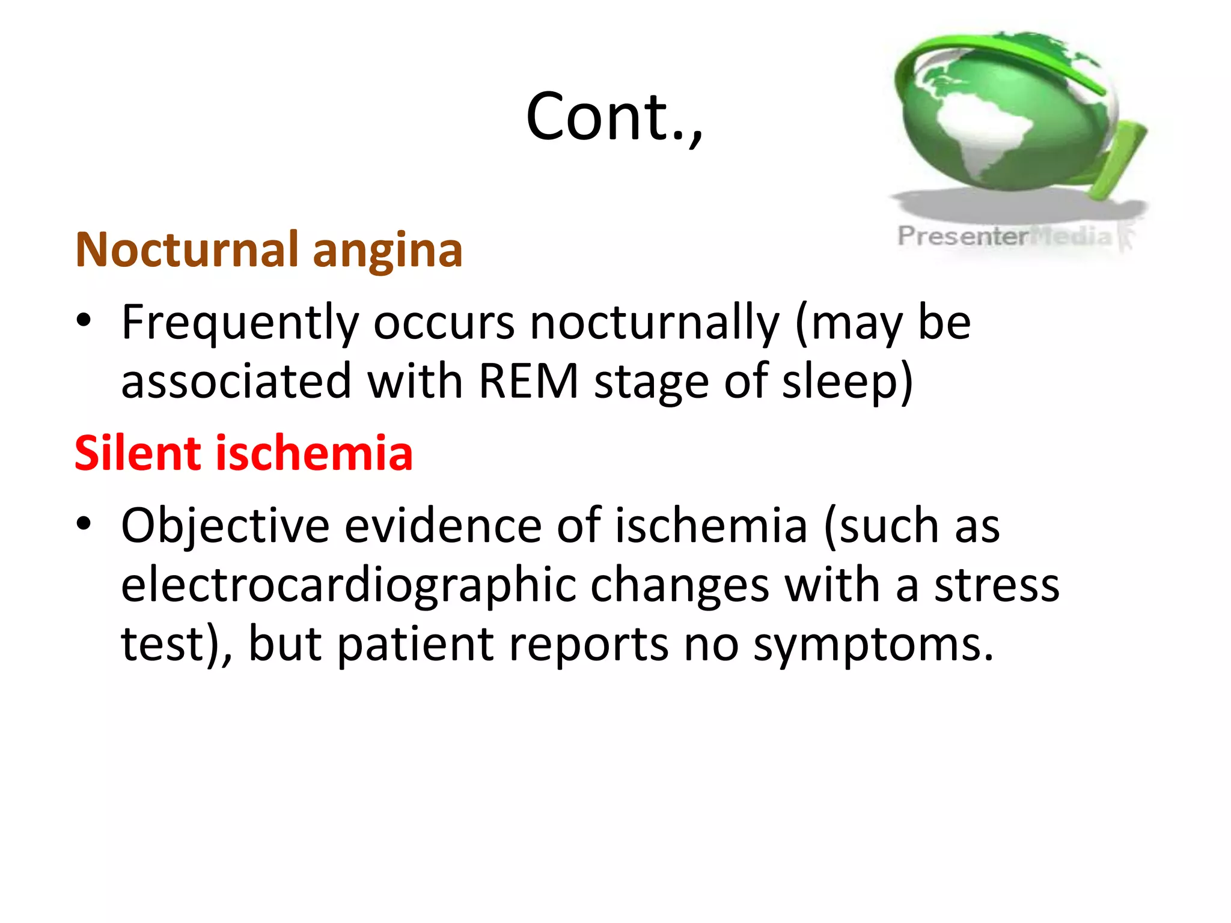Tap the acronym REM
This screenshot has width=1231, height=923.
[528, 382]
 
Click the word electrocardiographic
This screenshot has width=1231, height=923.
[348, 586]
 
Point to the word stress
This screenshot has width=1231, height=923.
[997, 586]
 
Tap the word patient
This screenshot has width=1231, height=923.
[415, 645]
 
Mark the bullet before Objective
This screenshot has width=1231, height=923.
[84, 523]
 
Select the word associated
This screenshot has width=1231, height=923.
[236, 382]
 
